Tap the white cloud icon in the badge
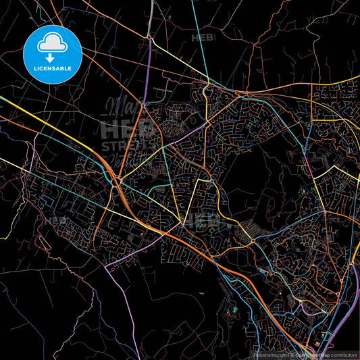(x=53, y=44)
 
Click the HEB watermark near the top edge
(x=203, y=38)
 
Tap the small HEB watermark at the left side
(x=55, y=220)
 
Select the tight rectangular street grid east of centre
(x=243, y=233)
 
